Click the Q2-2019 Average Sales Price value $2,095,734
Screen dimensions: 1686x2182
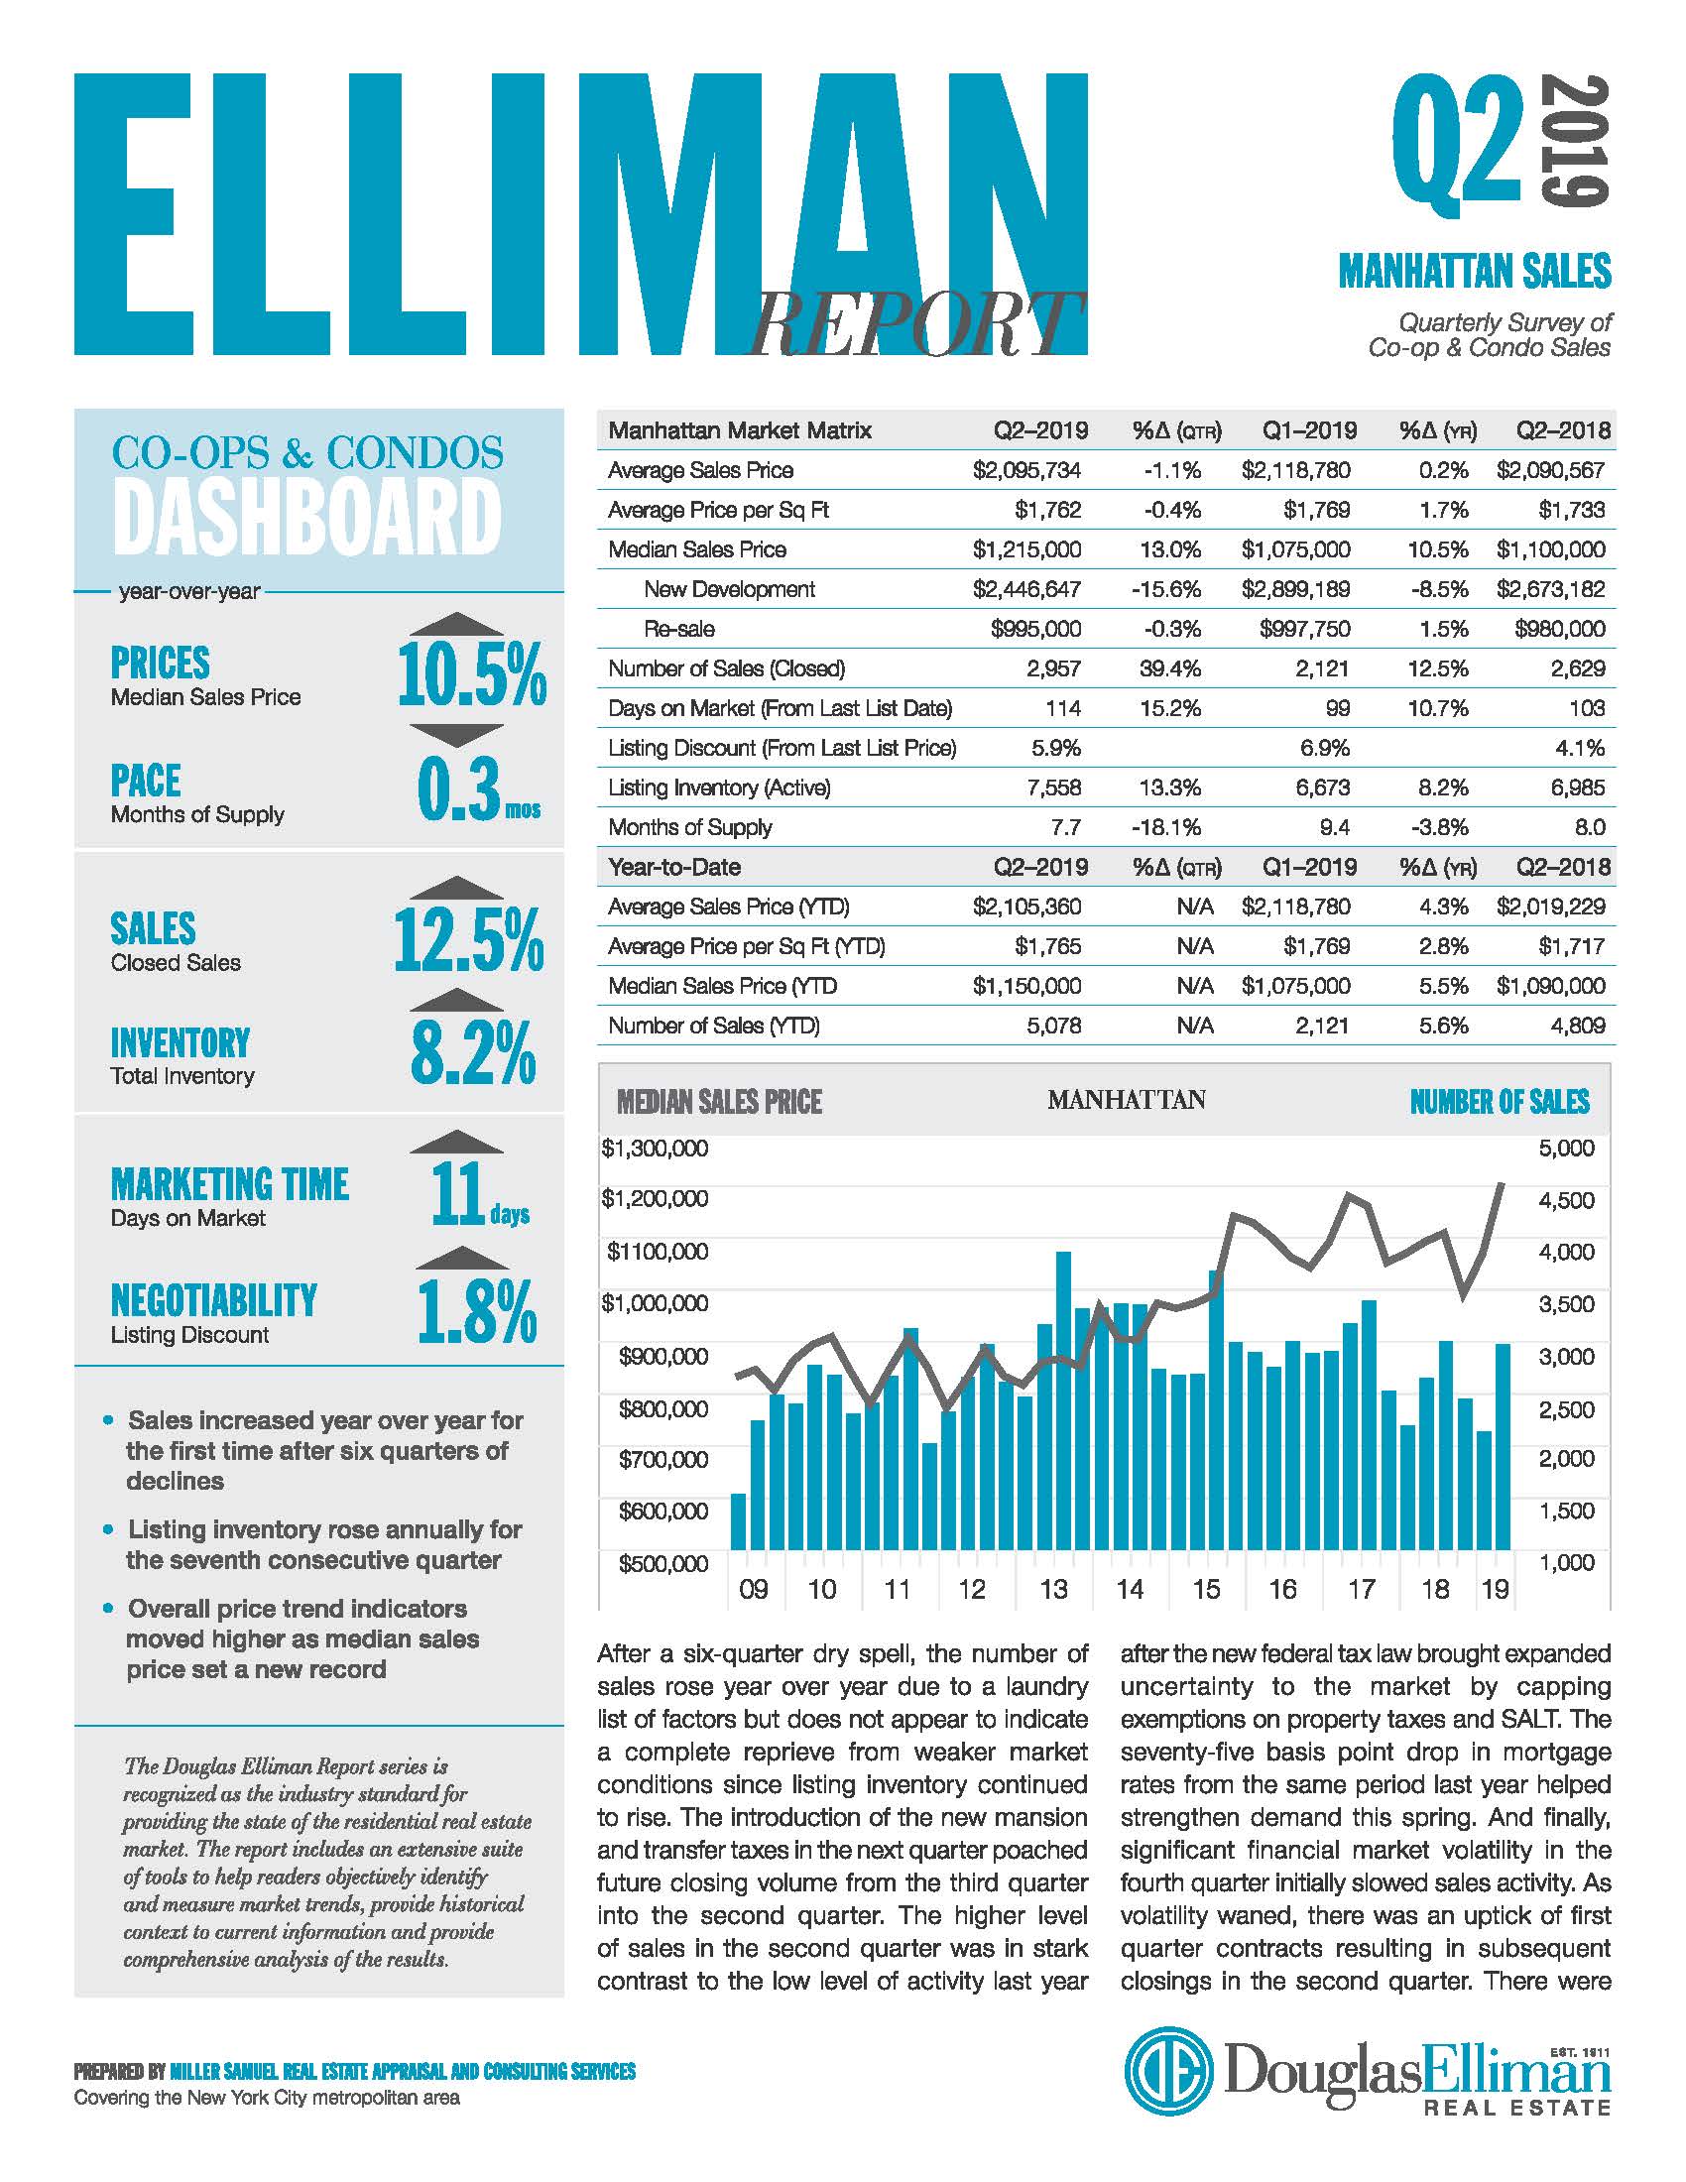1026,470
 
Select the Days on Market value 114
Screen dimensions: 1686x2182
1063,708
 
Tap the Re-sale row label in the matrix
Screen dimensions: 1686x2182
679,630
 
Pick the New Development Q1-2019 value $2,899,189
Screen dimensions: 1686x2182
1295,589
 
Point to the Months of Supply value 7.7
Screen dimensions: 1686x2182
1065,827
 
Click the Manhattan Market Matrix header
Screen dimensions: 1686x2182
740,430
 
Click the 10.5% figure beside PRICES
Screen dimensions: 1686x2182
471,674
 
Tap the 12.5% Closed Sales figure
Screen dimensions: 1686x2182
469,939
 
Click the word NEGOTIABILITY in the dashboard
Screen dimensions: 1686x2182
214,1300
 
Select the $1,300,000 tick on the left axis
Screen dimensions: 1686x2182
655,1148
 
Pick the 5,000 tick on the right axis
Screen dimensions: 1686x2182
1567,1148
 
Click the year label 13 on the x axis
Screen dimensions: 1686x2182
1053,1589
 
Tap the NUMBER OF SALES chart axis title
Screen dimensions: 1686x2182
1500,1102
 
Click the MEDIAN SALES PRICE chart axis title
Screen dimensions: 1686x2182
719,1102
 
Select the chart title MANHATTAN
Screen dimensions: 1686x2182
1127,1100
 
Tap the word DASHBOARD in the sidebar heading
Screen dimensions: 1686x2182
306,517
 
